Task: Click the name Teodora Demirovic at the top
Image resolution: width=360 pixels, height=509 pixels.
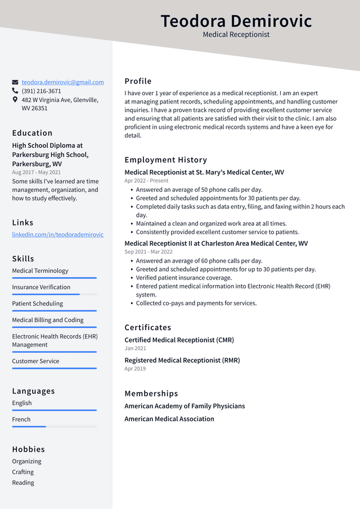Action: pyautogui.click(x=236, y=21)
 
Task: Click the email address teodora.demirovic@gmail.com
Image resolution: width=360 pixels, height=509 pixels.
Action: pyautogui.click(x=62, y=82)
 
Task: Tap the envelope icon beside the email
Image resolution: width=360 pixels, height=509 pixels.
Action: pyautogui.click(x=15, y=82)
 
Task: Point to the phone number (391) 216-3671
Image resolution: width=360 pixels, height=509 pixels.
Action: pyautogui.click(x=41, y=91)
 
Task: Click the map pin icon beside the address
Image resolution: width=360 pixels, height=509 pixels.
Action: pyautogui.click(x=15, y=100)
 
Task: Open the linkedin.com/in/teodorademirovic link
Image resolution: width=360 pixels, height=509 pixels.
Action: pyautogui.click(x=57, y=235)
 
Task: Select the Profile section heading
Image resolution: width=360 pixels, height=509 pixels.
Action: pyautogui.click(x=138, y=81)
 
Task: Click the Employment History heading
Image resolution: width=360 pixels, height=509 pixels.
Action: pyautogui.click(x=165, y=160)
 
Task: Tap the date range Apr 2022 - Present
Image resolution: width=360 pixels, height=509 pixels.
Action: pyautogui.click(x=146, y=181)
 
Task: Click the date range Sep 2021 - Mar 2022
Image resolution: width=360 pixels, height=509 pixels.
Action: pyautogui.click(x=148, y=252)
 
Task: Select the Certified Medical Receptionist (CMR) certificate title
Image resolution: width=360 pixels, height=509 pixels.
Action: pyautogui.click(x=179, y=340)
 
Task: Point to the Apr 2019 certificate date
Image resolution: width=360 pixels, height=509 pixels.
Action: pyautogui.click(x=135, y=369)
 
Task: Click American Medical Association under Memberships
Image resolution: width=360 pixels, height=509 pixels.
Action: pyautogui.click(x=169, y=419)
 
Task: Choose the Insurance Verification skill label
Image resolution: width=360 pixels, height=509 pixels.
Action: pyautogui.click(x=41, y=287)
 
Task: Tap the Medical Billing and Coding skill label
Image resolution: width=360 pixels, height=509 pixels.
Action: pyautogui.click(x=47, y=320)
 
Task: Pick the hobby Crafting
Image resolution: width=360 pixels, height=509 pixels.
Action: pyautogui.click(x=23, y=472)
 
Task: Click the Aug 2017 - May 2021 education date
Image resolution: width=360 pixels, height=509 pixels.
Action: pyautogui.click(x=36, y=172)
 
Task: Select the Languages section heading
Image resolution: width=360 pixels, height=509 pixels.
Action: pyautogui.click(x=33, y=391)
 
